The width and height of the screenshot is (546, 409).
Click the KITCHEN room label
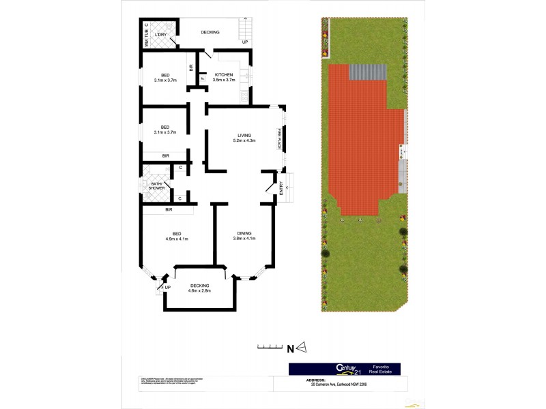[224, 74]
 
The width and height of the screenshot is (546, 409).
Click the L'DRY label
[161, 34]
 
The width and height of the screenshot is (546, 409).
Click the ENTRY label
[282, 192]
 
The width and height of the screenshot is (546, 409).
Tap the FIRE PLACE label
[279, 138]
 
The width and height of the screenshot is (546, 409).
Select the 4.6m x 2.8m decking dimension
[200, 291]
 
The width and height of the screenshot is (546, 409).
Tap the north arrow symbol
[302, 348]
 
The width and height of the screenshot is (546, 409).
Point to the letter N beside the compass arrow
[290, 349]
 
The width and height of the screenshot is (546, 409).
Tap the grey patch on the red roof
[368, 72]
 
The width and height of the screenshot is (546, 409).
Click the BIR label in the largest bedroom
[168, 209]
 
